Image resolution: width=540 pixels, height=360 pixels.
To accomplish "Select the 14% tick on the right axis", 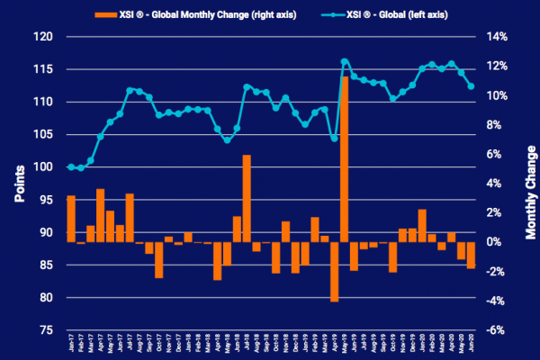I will coord(499,37).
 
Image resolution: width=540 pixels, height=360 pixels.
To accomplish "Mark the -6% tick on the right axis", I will coord(498,330).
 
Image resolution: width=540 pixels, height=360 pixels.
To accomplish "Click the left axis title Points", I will coord(18,184).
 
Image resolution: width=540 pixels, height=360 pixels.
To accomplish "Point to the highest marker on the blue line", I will coord(344,61).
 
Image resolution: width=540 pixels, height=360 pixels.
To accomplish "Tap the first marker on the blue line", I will coord(71,166).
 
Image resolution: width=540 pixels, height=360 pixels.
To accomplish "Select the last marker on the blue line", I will coord(472,86).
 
